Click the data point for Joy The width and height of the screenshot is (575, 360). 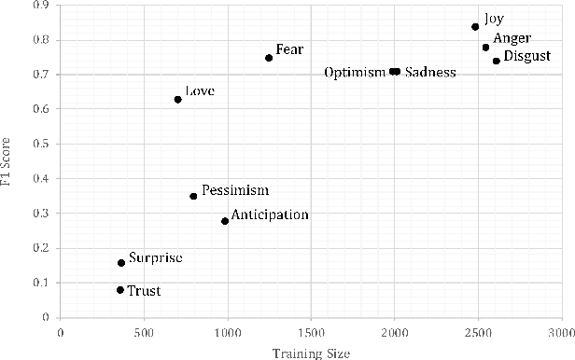tap(475, 27)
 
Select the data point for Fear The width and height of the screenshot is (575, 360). tap(269, 58)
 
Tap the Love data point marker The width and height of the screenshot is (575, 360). tap(177, 99)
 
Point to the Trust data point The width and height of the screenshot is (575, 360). tap(120, 290)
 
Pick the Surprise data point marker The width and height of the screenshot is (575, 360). tap(121, 263)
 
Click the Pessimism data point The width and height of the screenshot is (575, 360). tap(193, 196)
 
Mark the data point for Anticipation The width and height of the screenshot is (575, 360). tap(225, 221)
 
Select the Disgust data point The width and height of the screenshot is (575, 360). tap(496, 61)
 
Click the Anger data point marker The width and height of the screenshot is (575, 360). tap(485, 48)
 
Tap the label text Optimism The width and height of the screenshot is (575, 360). tap(355, 73)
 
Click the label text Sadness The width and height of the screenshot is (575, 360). tap(430, 73)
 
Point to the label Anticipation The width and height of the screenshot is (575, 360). tap(270, 215)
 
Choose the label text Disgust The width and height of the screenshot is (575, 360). tap(526, 58)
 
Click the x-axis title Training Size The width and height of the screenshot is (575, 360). tap(311, 352)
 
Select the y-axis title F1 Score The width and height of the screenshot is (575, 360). tap(8, 160)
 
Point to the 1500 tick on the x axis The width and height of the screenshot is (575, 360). tap(311, 331)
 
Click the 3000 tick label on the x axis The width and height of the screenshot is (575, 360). tap(560, 331)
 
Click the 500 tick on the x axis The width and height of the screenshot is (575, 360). tap(144, 331)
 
